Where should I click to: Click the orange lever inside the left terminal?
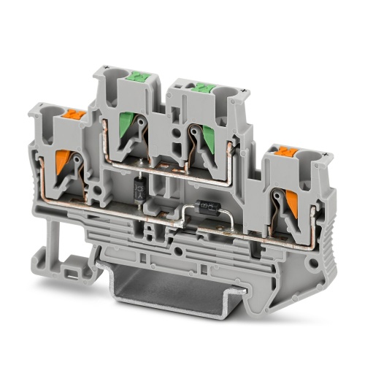[64, 162]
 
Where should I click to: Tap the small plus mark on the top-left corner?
[107, 68]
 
